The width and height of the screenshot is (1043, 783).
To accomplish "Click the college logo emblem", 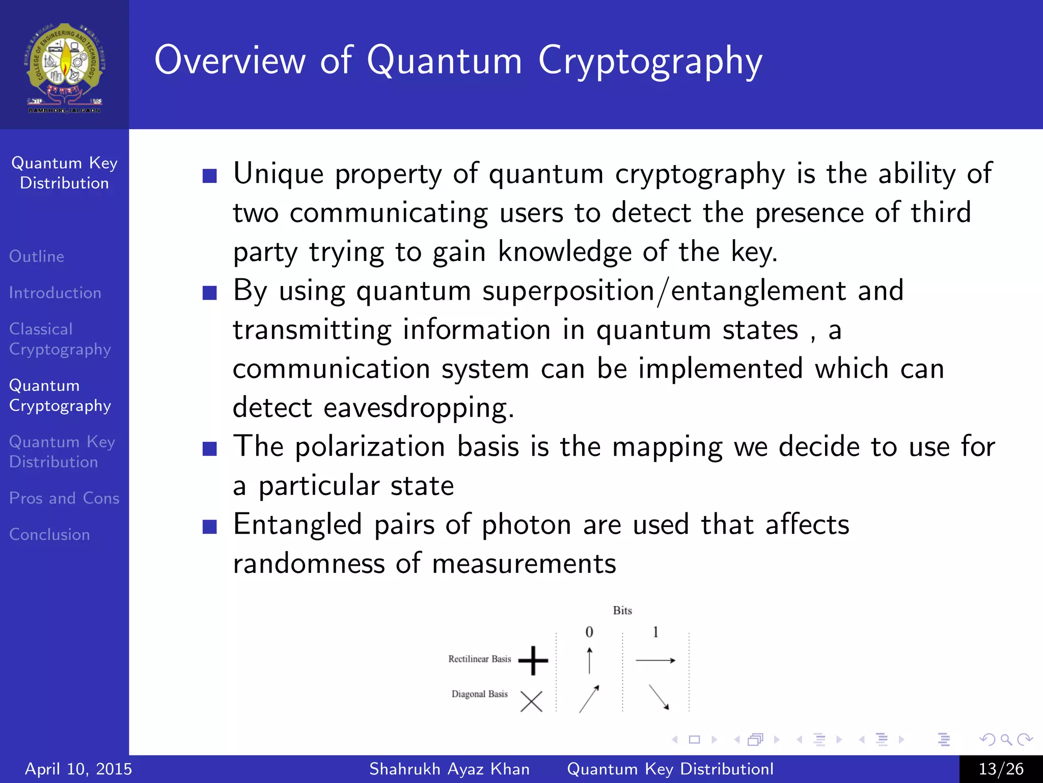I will point(65,67).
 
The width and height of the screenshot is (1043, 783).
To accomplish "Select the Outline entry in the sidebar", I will point(37,256).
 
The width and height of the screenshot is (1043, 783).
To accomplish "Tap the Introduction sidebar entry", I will point(55,293).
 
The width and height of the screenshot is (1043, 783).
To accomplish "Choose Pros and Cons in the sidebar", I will point(64,498).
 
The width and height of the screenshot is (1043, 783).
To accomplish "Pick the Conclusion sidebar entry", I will point(49,534).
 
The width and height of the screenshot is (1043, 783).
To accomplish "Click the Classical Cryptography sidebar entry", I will point(60,339).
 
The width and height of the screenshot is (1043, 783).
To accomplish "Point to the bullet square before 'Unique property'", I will point(209,176).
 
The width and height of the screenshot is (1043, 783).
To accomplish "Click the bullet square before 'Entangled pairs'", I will point(209,527).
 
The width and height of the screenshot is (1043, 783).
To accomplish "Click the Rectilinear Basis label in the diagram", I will point(479,659).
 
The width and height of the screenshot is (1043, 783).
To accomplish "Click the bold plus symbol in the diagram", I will point(533,661).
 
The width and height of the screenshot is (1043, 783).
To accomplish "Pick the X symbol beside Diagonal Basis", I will point(531,701).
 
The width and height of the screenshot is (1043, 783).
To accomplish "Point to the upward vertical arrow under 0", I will point(589,660).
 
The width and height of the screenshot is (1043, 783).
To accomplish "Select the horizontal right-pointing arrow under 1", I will point(655,661).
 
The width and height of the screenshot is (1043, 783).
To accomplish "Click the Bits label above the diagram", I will point(622,611).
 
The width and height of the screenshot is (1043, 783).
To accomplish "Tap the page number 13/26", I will point(1001,769).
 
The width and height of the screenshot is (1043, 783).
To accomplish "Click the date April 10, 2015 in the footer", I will point(78,769).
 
